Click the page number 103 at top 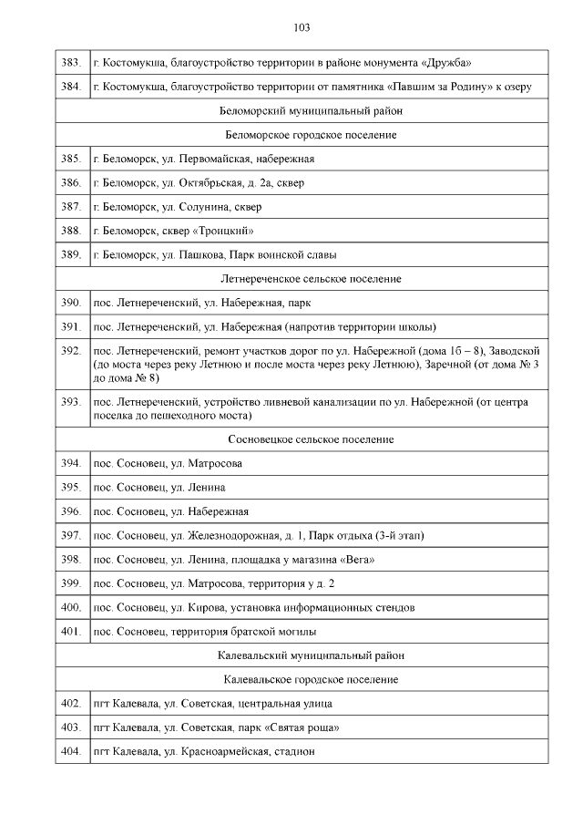click(302, 26)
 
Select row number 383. click(71, 63)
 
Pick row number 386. click(71, 183)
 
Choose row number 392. click(71, 350)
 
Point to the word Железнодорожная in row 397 click(235, 534)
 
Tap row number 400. click(71, 606)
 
